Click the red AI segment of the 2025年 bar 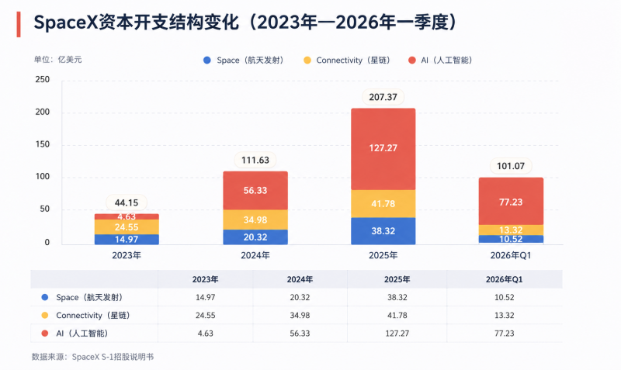click(x=383, y=149)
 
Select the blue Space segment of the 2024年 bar click(x=255, y=237)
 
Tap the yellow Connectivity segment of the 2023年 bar click(x=127, y=226)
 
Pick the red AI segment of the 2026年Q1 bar click(x=511, y=201)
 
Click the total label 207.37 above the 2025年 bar click(x=383, y=97)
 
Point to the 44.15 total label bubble click(x=127, y=202)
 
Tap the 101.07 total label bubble click(x=511, y=166)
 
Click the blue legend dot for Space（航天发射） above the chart click(x=207, y=61)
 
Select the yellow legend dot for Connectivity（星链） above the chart click(x=307, y=61)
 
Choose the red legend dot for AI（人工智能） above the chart click(x=412, y=61)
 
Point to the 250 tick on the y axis click(x=43, y=80)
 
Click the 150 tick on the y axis click(x=43, y=144)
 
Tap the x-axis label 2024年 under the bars click(x=255, y=256)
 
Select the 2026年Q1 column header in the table click(x=504, y=279)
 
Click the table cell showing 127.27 click(x=397, y=334)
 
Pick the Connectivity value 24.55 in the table click(x=205, y=316)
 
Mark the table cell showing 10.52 click(x=504, y=297)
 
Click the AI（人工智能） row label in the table click(x=82, y=334)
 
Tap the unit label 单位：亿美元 click(x=57, y=60)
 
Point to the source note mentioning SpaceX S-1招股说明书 click(x=92, y=357)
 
